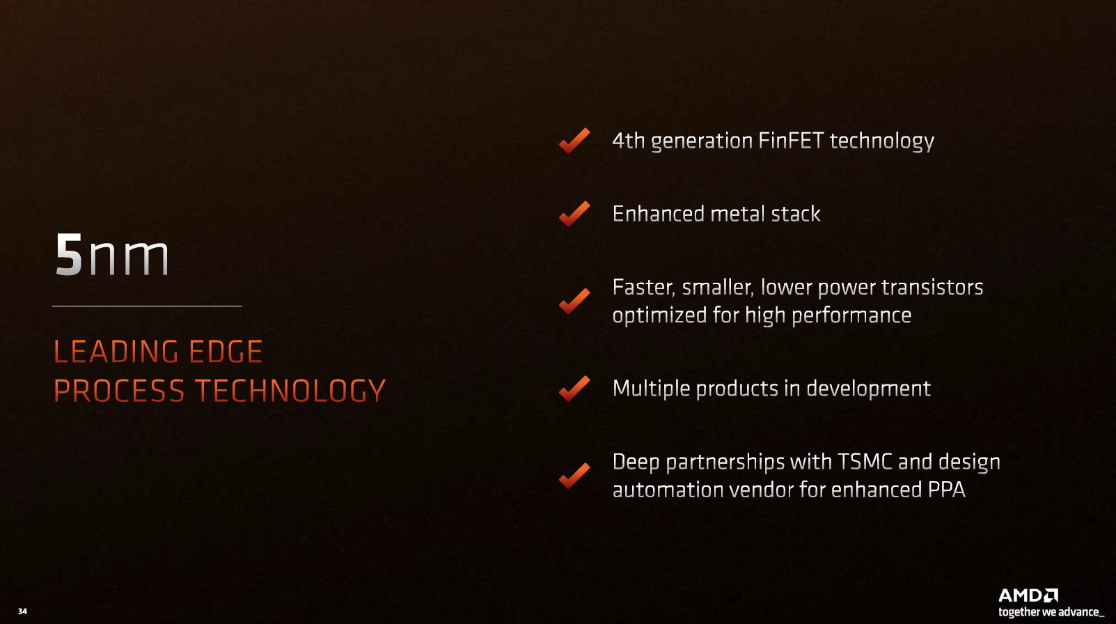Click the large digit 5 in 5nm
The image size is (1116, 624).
coord(69,254)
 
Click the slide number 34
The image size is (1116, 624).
coord(22,611)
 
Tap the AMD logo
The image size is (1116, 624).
coord(1028,595)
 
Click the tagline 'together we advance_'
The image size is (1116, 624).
coord(1051,611)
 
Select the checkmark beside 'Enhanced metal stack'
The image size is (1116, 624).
coord(574,214)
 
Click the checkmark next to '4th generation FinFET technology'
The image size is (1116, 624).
coord(574,141)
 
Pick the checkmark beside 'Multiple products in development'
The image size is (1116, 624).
coord(574,388)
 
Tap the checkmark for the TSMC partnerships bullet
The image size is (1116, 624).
coord(574,476)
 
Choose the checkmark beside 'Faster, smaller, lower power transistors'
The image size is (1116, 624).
coord(574,301)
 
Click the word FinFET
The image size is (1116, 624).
coord(791,141)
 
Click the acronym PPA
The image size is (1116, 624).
coord(947,490)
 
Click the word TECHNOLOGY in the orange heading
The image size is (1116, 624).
coord(290,390)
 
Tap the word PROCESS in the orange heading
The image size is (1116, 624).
coord(119,390)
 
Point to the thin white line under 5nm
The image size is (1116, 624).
coord(147,306)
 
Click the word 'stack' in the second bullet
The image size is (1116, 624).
coord(796,214)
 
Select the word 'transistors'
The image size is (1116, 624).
coord(932,287)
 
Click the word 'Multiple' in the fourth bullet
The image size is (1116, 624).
coord(651,389)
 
